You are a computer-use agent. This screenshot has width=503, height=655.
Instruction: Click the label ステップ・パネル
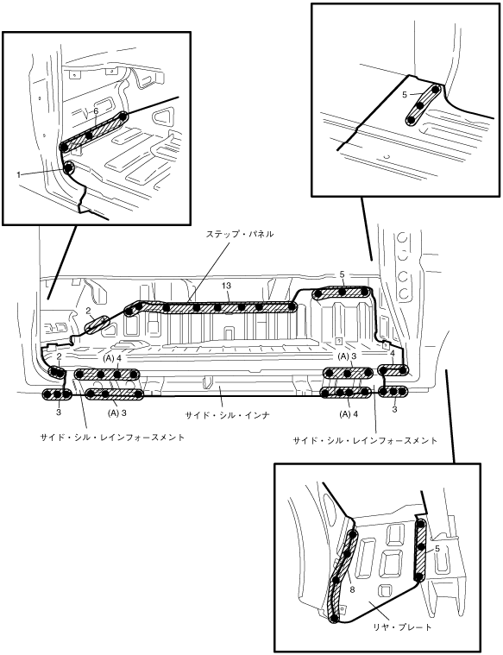240,235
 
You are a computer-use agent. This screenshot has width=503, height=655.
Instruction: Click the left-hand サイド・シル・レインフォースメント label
112,438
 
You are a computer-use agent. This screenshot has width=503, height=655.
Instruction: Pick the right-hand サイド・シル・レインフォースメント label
365,440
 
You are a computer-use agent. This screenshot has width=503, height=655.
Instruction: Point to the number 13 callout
226,286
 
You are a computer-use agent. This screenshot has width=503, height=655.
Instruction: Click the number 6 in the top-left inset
96,111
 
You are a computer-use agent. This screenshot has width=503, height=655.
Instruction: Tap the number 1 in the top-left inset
18,175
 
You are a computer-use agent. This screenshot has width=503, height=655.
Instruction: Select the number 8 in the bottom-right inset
352,589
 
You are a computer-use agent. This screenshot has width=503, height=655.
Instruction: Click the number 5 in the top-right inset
405,95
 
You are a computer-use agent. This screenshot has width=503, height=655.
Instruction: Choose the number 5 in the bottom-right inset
437,549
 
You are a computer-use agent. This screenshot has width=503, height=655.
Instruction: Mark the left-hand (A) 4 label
111,359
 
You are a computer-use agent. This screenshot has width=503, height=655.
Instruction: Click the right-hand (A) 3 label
348,356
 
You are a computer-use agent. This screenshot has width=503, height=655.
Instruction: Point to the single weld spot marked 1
68,168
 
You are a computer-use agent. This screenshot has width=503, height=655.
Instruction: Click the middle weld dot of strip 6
89,135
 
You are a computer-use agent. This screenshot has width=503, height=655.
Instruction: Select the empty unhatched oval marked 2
97,325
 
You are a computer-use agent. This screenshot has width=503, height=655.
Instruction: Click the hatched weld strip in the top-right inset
423,104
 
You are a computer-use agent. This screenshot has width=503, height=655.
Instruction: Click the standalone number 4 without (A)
393,354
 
